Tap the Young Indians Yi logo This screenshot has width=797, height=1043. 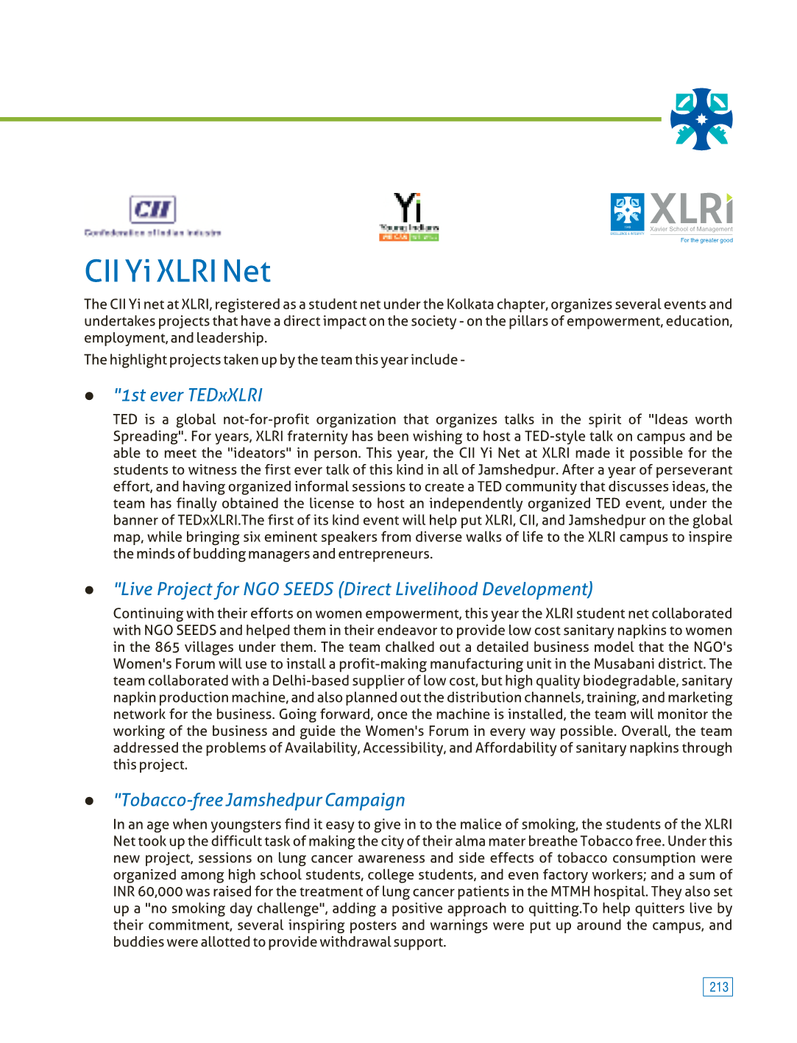[408, 216]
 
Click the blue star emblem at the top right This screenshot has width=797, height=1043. [701, 119]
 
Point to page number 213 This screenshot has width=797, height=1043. [718, 987]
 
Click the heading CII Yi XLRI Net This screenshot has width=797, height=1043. [177, 271]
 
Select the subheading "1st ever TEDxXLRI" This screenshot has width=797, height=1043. [188, 396]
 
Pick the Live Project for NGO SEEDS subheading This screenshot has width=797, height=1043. [353, 589]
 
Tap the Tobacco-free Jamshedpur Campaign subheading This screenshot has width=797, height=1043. [259, 800]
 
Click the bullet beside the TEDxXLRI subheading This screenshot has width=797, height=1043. [90, 396]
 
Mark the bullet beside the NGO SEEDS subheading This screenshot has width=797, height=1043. [90, 590]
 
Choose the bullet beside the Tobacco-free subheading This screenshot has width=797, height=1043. [90, 801]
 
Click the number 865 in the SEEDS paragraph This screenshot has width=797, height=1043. [167, 647]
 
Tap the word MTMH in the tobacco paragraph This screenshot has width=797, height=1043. [571, 892]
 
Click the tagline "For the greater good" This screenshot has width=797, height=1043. [706, 240]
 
